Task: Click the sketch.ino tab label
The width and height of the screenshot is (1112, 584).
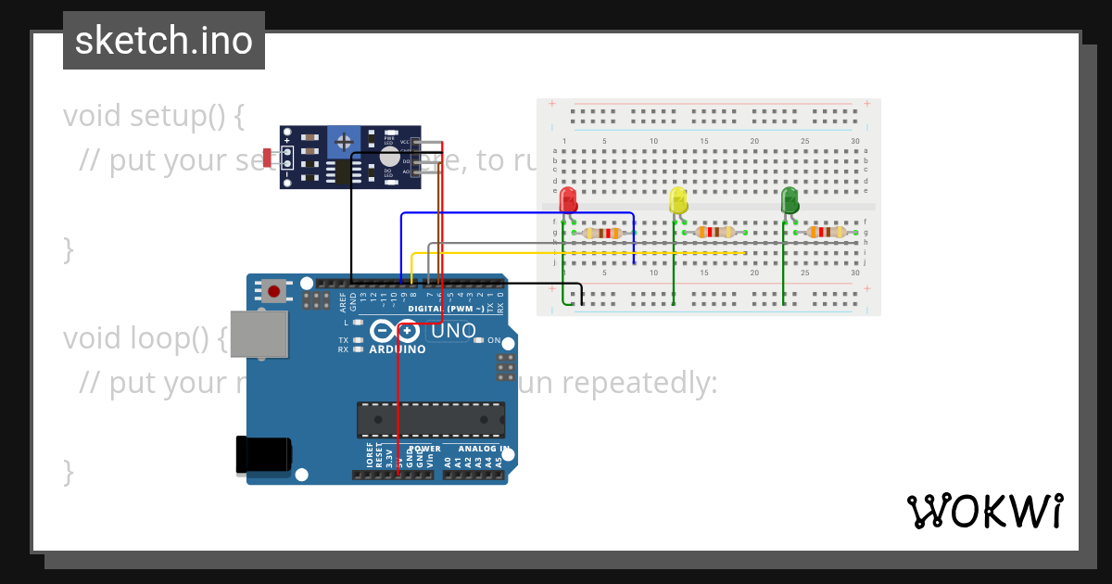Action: pyautogui.click(x=164, y=41)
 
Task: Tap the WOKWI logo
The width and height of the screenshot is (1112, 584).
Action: pyautogui.click(x=984, y=511)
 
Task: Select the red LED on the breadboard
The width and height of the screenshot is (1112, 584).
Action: pyautogui.click(x=568, y=200)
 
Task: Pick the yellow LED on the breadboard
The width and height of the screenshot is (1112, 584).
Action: pyautogui.click(x=678, y=201)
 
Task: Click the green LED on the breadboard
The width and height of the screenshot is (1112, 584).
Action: pyautogui.click(x=790, y=201)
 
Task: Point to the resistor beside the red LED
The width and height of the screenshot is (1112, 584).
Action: pyautogui.click(x=604, y=233)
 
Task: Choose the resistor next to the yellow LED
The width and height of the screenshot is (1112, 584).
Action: pyautogui.click(x=714, y=232)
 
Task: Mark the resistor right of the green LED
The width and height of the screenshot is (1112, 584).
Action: pyautogui.click(x=826, y=232)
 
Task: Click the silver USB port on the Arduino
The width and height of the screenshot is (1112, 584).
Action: pyautogui.click(x=259, y=334)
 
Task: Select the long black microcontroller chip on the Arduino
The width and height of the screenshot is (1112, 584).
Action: pyautogui.click(x=431, y=419)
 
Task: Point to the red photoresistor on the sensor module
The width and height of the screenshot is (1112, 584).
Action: pyautogui.click(x=267, y=159)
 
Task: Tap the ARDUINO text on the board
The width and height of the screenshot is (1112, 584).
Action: pyautogui.click(x=398, y=349)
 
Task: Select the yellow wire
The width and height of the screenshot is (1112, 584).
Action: pyautogui.click(x=575, y=253)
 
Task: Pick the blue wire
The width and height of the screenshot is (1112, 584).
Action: pyautogui.click(x=519, y=213)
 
